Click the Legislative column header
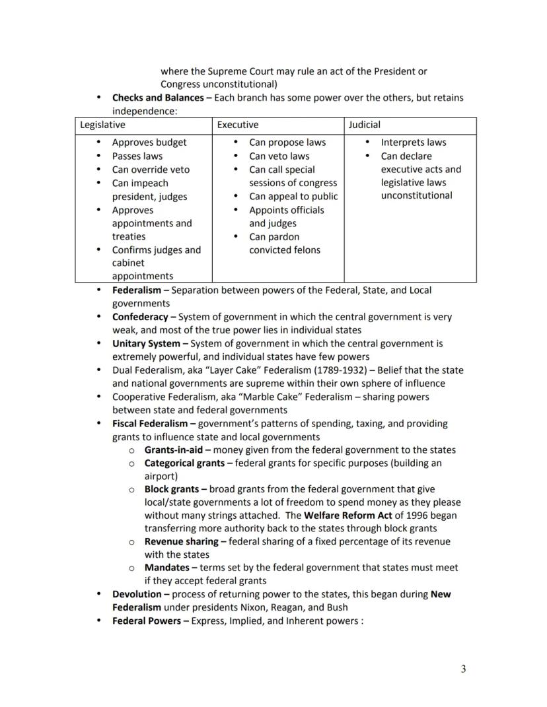coord(102,125)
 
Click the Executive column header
coord(238,125)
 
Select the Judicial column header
coord(365,125)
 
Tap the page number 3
coord(463,669)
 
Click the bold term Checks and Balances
coord(158,98)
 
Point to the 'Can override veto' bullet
coord(151,170)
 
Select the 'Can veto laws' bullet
coord(279,156)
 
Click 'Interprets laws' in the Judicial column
coord(413,143)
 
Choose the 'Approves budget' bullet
coord(149,143)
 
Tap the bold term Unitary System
coord(146,344)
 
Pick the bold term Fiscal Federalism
coord(150,423)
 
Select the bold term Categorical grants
coord(184,463)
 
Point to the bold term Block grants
coord(172,490)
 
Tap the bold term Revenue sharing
coord(182,542)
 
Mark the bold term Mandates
coord(167,568)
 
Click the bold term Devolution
coord(137,594)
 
